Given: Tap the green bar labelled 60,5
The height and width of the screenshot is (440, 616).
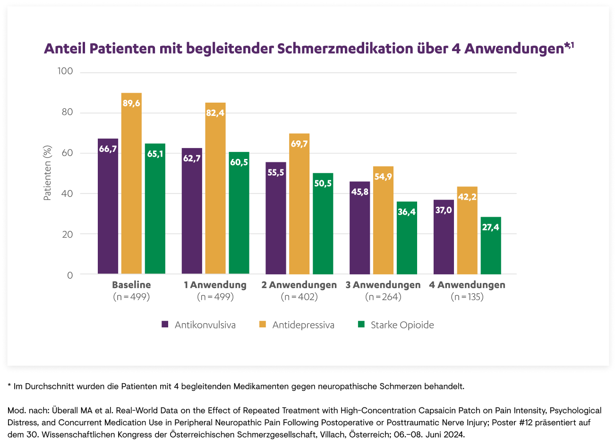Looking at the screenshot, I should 239,213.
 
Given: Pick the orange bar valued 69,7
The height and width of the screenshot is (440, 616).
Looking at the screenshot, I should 299,204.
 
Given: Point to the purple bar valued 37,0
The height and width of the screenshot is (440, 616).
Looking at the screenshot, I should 444,237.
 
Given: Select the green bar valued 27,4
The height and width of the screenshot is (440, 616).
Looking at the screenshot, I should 491,246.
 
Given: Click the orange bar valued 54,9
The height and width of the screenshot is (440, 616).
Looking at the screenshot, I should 383,220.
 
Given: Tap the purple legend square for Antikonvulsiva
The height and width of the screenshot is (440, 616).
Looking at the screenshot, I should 165,325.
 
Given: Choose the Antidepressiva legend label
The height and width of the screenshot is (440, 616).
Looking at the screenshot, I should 303,325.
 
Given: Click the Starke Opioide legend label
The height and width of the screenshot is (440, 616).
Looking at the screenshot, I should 402,325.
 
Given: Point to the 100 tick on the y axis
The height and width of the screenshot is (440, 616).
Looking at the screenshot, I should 65,71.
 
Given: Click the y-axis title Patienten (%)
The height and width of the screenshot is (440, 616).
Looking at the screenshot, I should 47,173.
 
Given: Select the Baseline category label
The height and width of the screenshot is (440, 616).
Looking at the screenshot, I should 131,285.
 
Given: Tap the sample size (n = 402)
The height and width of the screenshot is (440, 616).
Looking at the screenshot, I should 299,297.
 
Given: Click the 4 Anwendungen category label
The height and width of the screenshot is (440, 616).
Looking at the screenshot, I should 467,285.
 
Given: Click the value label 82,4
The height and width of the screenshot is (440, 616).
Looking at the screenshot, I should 215,113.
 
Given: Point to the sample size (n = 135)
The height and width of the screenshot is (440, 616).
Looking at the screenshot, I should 467,297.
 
